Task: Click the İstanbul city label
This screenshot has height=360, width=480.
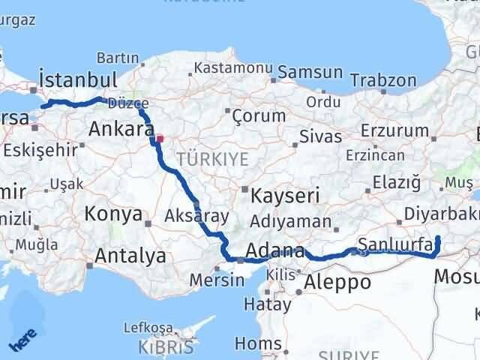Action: coord(78,80)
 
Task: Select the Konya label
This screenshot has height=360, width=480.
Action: coord(113,214)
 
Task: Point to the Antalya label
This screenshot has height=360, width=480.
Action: coord(130,256)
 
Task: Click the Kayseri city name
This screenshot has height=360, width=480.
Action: coord(285,196)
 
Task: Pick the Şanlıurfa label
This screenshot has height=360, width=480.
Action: coord(395,243)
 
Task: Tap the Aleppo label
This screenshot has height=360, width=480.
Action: coord(337,283)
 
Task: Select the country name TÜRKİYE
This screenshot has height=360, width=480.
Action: coord(201,158)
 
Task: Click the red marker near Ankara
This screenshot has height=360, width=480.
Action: coord(158,139)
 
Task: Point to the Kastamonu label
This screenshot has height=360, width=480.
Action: coord(232,67)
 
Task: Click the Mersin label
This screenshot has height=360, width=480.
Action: coord(217,281)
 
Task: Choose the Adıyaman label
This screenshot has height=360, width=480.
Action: coord(291,221)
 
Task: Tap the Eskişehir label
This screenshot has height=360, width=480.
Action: coord(40,149)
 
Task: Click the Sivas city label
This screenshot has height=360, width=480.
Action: coord(320,136)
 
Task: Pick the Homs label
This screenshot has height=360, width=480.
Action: coord(259,344)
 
